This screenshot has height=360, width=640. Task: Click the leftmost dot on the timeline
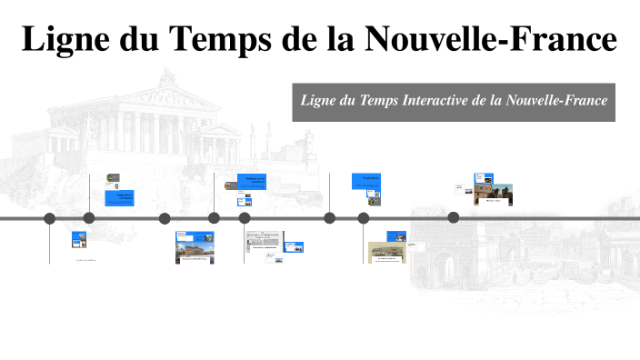point(50,218)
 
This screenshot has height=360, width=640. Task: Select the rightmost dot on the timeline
point(454,217)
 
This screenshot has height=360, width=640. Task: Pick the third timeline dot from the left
point(165,218)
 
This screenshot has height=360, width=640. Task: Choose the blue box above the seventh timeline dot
point(365,181)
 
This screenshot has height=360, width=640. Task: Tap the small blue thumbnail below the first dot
point(79,239)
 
